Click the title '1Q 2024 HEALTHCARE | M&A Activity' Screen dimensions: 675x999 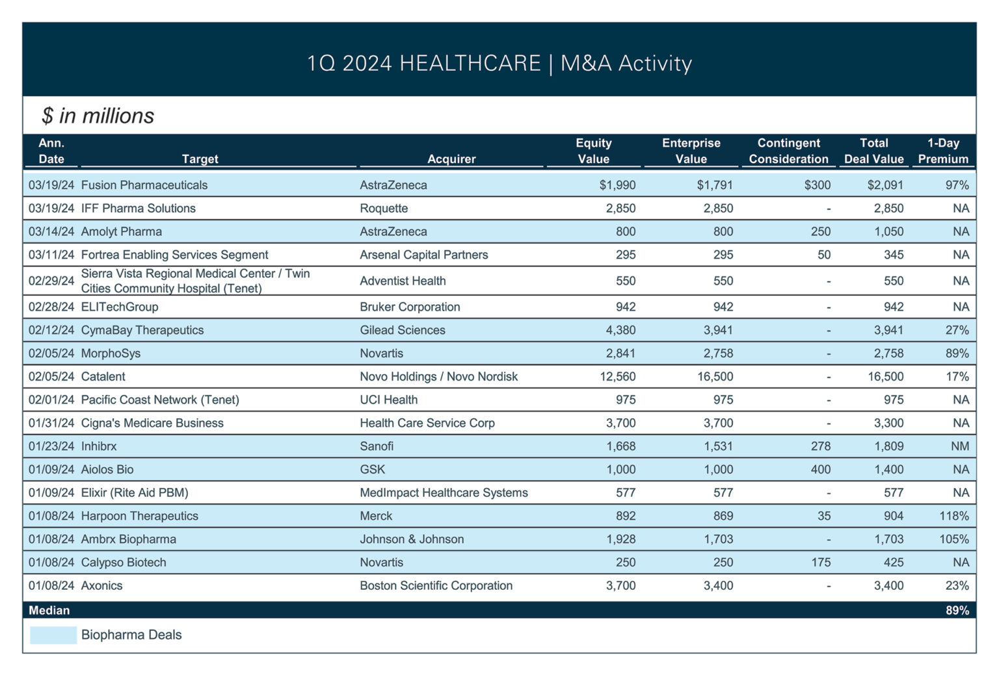499,63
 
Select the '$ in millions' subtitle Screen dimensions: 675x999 98,116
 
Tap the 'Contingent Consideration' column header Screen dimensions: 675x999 788,151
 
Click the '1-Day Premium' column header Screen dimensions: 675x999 942,151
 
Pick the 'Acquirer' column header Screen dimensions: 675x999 451,159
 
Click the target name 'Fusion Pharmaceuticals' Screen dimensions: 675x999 144,185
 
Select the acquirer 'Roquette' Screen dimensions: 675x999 384,209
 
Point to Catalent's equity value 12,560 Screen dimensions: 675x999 617,377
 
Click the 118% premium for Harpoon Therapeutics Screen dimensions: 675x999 953,516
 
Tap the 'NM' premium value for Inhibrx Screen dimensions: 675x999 959,446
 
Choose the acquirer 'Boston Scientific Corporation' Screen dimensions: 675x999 436,585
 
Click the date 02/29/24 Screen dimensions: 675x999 51,281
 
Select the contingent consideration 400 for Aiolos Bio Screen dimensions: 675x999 820,470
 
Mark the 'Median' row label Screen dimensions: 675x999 49,610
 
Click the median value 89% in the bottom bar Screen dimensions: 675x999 957,610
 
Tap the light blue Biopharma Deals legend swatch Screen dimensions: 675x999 53,635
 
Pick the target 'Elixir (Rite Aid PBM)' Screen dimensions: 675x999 135,492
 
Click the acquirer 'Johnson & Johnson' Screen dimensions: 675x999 412,539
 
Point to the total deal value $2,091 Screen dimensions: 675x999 885,185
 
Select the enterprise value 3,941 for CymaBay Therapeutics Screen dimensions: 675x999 717,330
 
